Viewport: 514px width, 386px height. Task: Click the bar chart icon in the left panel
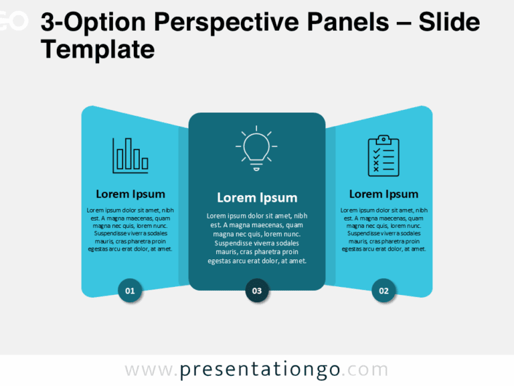tap(130, 155)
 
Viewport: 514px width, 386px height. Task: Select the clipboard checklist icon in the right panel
tap(383, 156)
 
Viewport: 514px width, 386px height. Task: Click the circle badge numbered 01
tap(130, 290)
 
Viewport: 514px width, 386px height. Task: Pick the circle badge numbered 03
tap(256, 290)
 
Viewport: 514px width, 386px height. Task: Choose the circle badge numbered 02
tap(383, 290)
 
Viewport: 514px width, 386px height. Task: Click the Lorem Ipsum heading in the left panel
tap(130, 194)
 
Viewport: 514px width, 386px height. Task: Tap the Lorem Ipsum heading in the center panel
tap(256, 198)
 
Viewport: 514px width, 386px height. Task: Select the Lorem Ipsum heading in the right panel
tap(383, 194)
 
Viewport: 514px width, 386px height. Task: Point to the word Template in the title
tap(98, 50)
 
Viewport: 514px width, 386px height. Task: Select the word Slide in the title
tap(449, 23)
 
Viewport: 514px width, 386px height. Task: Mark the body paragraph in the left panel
tap(130, 229)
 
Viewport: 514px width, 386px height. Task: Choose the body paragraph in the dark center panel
tap(256, 238)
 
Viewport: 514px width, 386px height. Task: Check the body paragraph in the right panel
tap(383, 229)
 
